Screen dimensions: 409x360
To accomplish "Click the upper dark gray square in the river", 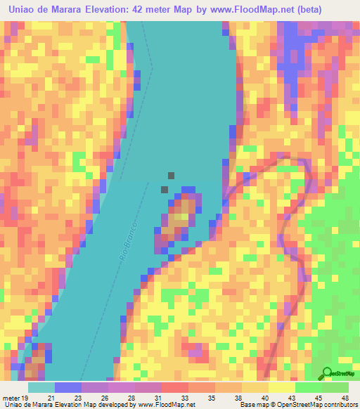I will click(171, 176).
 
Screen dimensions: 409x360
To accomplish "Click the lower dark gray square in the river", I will click(165, 189).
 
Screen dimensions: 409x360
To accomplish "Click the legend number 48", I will click(345, 398).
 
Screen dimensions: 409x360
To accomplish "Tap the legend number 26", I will click(104, 398).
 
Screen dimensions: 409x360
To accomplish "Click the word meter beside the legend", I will click(11, 398).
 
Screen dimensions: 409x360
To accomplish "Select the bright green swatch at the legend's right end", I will click(335, 387).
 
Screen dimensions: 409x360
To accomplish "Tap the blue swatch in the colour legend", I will click(67, 387).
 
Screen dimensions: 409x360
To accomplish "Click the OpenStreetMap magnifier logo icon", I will click(328, 373).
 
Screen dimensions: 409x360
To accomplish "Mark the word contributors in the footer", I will click(338, 405).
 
